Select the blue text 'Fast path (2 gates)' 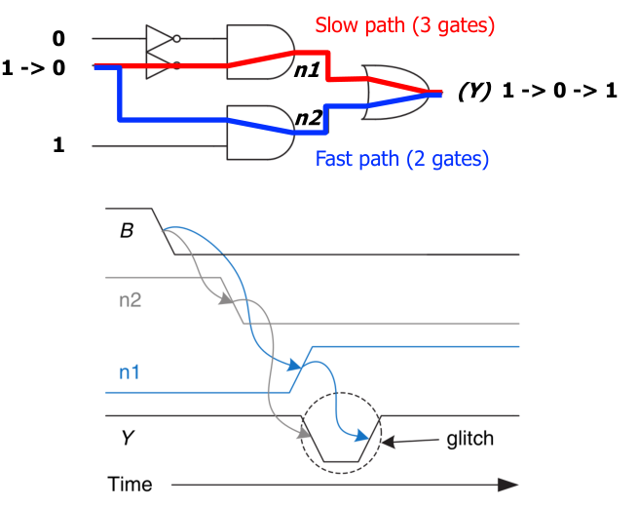click(x=403, y=157)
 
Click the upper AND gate click(x=256, y=50)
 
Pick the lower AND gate click(x=256, y=134)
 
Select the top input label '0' click(x=60, y=38)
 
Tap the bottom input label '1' click(x=60, y=145)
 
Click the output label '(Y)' click(x=474, y=93)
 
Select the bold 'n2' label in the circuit click(x=309, y=119)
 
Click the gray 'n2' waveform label click(x=131, y=300)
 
